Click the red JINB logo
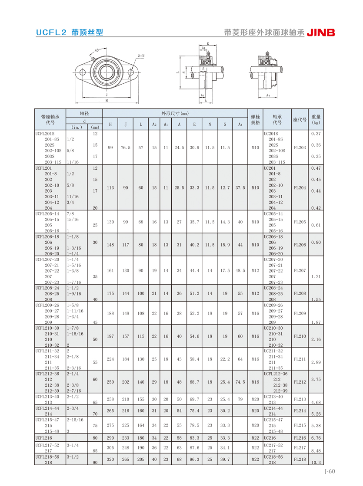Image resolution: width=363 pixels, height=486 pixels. (321, 33)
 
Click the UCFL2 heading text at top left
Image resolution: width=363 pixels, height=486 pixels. (51, 32)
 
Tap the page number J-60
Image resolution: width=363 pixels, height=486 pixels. (330, 471)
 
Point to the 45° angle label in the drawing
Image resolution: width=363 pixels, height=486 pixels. (97, 50)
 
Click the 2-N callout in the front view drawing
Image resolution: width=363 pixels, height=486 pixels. (141, 56)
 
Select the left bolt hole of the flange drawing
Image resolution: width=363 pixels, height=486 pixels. (82, 72)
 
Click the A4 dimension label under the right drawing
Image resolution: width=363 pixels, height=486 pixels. (268, 95)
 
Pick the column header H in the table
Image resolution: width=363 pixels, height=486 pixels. (110, 124)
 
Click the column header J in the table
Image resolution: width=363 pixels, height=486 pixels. (126, 124)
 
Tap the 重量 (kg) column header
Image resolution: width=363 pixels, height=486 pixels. (316, 120)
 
